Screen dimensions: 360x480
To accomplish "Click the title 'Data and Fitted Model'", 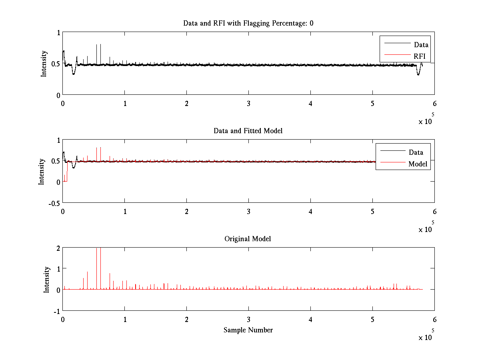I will pyautogui.click(x=248, y=131).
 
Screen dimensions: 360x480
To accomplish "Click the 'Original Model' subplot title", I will pyautogui.click(x=248, y=239).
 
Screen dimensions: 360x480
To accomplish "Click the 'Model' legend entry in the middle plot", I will pyautogui.click(x=418, y=164).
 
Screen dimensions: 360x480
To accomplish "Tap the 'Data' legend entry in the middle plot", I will pyautogui.click(x=416, y=152).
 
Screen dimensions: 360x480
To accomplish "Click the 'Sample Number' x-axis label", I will pyautogui.click(x=248, y=330).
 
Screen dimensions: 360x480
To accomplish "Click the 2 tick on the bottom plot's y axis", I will pyautogui.click(x=58, y=248).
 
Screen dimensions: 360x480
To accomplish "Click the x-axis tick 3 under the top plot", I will pyautogui.click(x=248, y=103).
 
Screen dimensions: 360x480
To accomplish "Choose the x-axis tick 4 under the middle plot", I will pyautogui.click(x=310, y=211).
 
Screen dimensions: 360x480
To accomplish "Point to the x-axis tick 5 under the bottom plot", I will pyautogui.click(x=372, y=320).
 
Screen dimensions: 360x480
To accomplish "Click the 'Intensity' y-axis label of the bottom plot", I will pyautogui.click(x=46, y=279).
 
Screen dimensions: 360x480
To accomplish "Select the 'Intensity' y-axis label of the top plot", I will pyautogui.click(x=44, y=64).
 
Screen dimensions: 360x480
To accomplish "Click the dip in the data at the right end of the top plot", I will pyautogui.click(x=418, y=73).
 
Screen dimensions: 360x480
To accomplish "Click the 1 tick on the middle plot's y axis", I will pyautogui.click(x=58, y=140).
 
